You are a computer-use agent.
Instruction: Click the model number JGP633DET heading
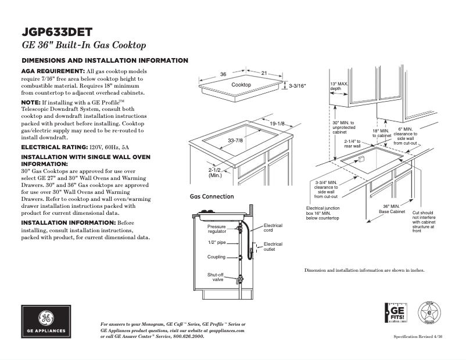click(56, 32)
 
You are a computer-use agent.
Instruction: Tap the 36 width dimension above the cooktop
click(223, 74)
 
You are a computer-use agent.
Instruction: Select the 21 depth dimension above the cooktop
click(263, 73)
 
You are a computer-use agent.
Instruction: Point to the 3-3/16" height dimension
click(297, 86)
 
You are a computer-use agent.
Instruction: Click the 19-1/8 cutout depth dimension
click(277, 124)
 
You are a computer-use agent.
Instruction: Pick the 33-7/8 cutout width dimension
click(235, 141)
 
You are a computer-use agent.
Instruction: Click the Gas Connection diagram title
click(212, 197)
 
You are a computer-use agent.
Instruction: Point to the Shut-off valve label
click(216, 276)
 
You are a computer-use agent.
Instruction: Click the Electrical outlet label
click(273, 247)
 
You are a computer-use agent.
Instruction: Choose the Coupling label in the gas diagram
click(216, 257)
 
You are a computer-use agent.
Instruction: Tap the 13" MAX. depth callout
click(339, 87)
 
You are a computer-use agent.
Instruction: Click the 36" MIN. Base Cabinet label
click(392, 209)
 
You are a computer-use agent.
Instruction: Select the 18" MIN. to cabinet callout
click(382, 133)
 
